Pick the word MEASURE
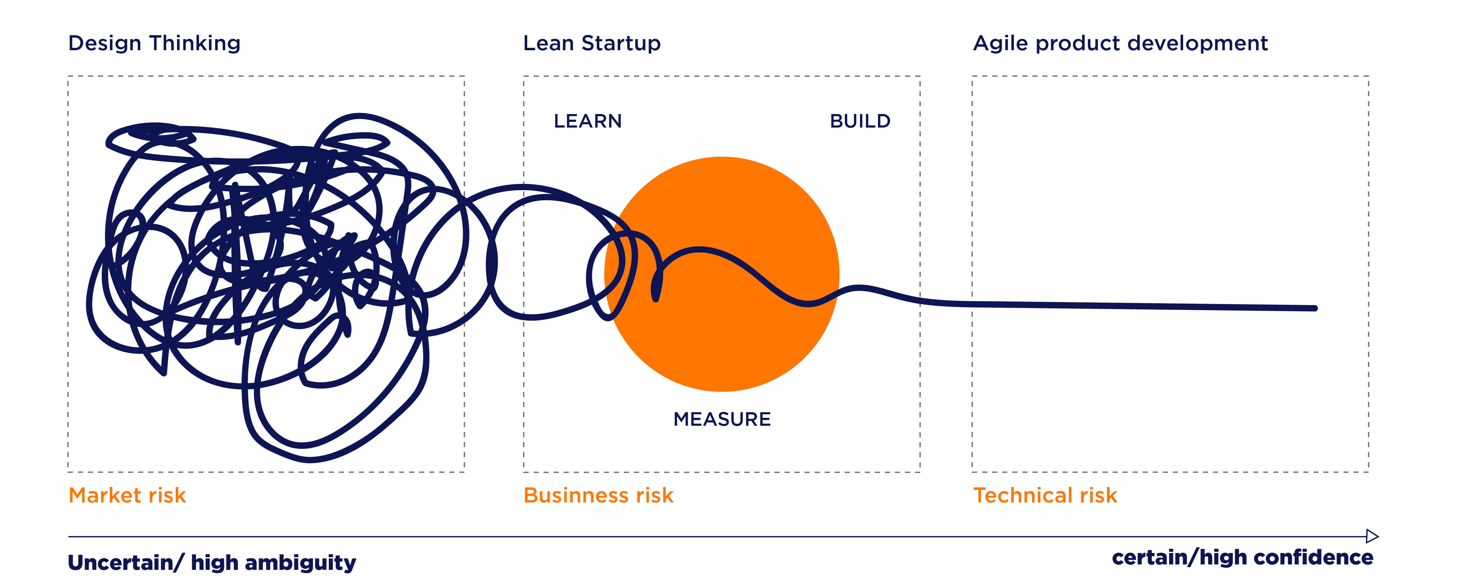[722, 419]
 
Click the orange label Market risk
[127, 496]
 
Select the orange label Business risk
[598, 496]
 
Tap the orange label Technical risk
[1045, 496]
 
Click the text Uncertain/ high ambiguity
[212, 563]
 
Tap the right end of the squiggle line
[1314, 308]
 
